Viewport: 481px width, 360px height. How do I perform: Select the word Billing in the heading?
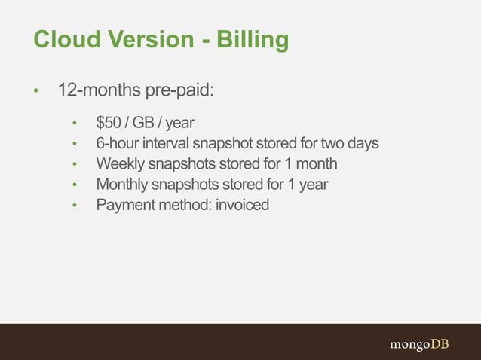coord(253,41)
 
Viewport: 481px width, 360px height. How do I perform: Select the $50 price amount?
coord(109,123)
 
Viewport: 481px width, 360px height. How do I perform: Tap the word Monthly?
coord(121,184)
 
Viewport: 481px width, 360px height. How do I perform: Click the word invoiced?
coord(242,204)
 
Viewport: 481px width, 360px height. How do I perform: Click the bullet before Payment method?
coord(74,205)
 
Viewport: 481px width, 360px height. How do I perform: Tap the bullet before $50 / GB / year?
coord(74,124)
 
